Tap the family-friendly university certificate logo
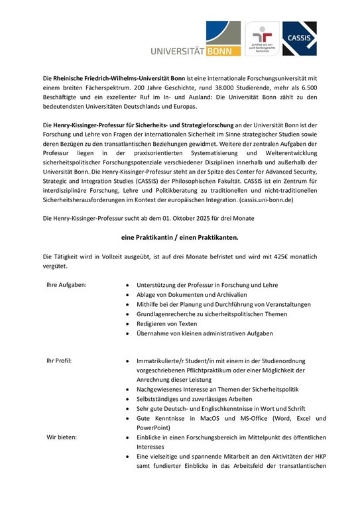click(262, 39)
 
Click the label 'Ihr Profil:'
click(59, 361)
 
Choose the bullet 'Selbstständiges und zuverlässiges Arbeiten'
click(194, 400)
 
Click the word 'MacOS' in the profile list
click(217, 419)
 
